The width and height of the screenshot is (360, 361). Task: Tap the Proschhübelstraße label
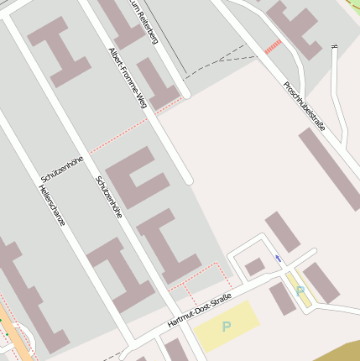pos(304,106)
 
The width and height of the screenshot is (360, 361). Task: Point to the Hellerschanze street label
pos(51,206)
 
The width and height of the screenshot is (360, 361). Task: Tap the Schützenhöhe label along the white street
pos(109,198)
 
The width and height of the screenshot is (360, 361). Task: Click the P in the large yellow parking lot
pos(226,326)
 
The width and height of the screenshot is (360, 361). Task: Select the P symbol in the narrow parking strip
pos(300,290)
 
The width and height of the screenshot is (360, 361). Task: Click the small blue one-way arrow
pos(279,258)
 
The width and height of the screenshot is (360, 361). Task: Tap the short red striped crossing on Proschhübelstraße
pos(273,47)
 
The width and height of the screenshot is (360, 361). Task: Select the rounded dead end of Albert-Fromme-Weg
pos(189,180)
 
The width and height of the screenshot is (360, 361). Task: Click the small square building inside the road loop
pos(255,266)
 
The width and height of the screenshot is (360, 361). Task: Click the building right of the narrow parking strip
pos(321,283)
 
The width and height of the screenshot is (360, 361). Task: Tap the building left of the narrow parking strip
pos(281,299)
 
